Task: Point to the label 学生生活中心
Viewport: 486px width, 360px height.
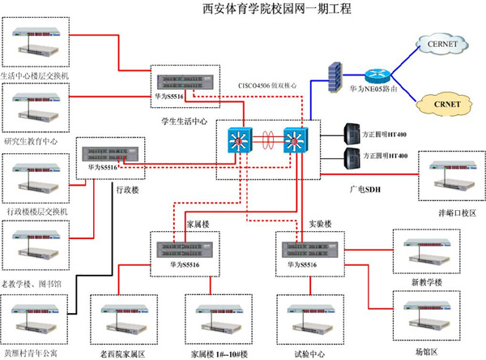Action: click(184, 122)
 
